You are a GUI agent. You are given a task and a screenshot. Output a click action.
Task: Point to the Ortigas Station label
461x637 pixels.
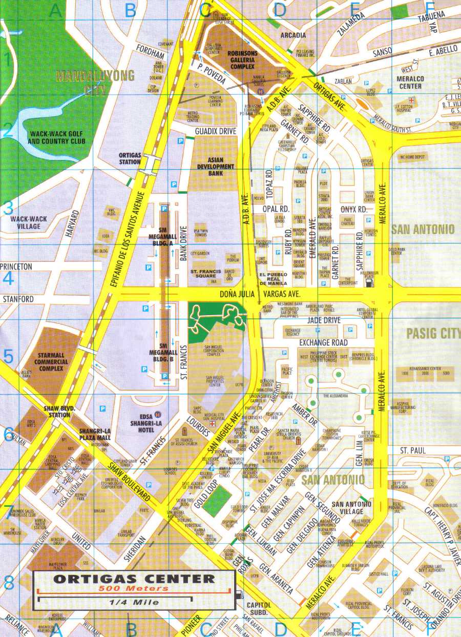coord(130,158)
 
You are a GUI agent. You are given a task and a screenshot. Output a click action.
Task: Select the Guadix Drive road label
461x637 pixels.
coord(216,132)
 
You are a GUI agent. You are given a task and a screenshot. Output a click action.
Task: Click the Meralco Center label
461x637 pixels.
coord(410,83)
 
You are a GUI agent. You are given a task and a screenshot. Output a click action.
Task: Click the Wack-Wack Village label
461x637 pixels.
coord(29,222)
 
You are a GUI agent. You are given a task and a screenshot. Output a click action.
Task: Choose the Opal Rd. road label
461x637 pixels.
coord(277,209)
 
